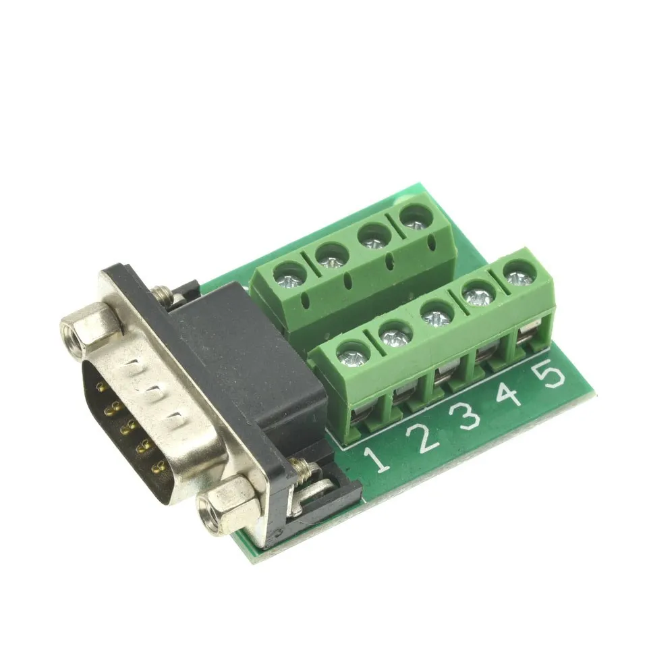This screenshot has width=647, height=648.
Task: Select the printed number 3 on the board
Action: click(466, 416)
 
